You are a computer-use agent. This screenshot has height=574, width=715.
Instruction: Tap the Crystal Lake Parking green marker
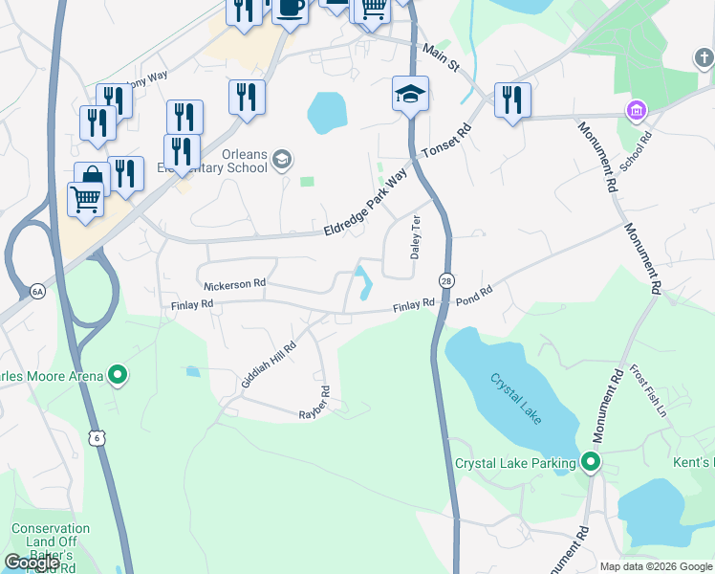pyautogui.click(x=591, y=464)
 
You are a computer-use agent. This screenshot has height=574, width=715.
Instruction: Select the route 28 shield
pyautogui.click(x=446, y=279)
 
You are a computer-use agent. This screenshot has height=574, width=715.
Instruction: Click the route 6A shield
pyautogui.click(x=37, y=292)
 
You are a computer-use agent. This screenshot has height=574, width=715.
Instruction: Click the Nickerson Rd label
pyautogui.click(x=234, y=285)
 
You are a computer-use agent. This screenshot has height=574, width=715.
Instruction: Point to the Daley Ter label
pyautogui.click(x=416, y=237)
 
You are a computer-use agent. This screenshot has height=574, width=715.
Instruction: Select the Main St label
pyautogui.click(x=441, y=58)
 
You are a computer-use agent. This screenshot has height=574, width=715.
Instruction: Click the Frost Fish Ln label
pyautogui.click(x=652, y=391)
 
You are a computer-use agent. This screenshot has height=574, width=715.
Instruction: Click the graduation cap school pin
pyautogui.click(x=410, y=95)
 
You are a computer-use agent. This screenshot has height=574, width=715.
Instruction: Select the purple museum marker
pyautogui.click(x=636, y=111)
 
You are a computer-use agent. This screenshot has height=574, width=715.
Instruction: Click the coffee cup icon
pyautogui.click(x=291, y=8)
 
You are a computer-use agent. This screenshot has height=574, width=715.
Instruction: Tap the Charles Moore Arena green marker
pyautogui.click(x=118, y=376)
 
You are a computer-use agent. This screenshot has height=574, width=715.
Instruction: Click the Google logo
pyautogui.click(x=32, y=563)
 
